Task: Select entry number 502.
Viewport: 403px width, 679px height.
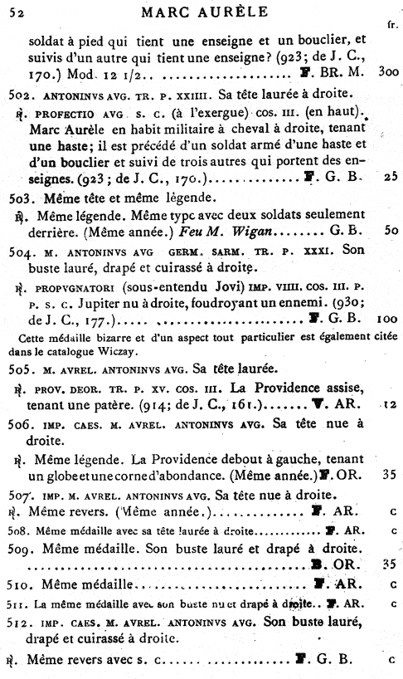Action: (x=17, y=113)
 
